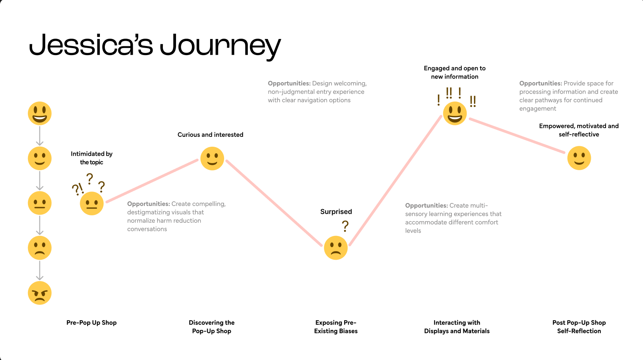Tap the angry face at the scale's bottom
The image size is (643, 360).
pyautogui.click(x=39, y=293)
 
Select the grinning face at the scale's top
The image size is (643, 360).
pyautogui.click(x=39, y=113)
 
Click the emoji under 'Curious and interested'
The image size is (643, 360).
pyautogui.click(x=212, y=158)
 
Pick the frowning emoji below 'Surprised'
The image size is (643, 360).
pyautogui.click(x=335, y=248)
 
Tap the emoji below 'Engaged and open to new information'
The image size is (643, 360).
pyautogui.click(x=455, y=113)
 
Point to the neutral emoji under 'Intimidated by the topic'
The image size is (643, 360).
pyautogui.click(x=92, y=203)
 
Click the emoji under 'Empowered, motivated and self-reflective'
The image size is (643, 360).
pyautogui.click(x=579, y=158)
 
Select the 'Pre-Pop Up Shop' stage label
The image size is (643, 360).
pyautogui.click(x=92, y=323)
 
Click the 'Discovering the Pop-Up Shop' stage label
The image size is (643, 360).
pyautogui.click(x=212, y=327)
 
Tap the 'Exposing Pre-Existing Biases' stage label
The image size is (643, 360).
pyautogui.click(x=336, y=327)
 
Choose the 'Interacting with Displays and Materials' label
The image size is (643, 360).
pyautogui.click(x=457, y=327)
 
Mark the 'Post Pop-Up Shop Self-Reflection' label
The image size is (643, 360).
pyautogui.click(x=579, y=327)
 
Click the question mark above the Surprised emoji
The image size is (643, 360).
pyautogui.click(x=345, y=226)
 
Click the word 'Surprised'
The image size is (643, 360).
pyautogui.click(x=336, y=212)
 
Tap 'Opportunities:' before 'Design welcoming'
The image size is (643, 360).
pyautogui.click(x=289, y=83)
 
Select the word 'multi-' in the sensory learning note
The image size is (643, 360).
pyautogui.click(x=479, y=205)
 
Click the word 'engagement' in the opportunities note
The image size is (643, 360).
pyautogui.click(x=537, y=108)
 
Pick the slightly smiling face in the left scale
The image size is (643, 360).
pyautogui.click(x=39, y=158)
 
